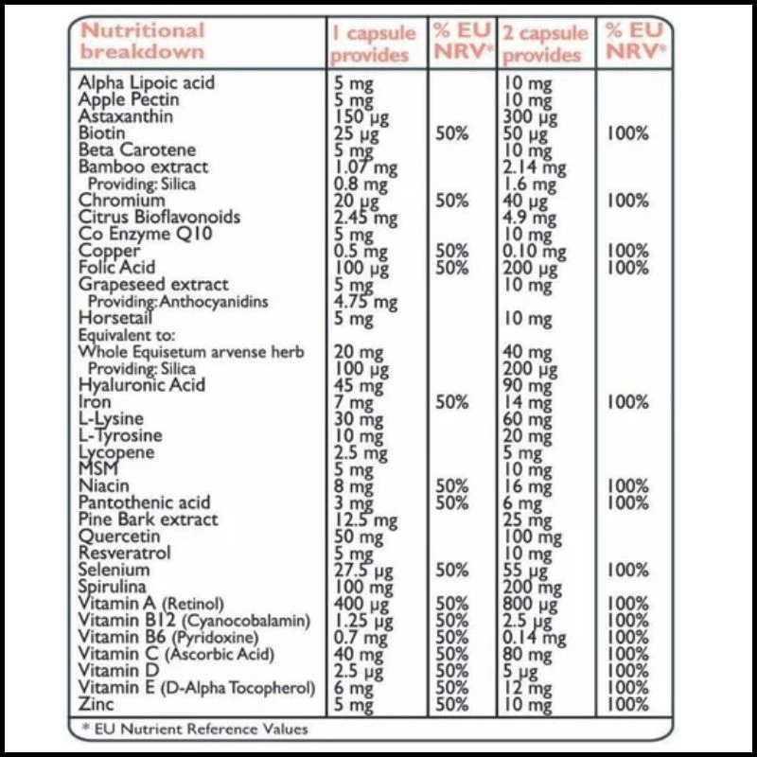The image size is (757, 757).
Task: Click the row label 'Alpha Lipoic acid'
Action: (x=147, y=82)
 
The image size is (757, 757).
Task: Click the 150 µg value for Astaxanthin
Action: (x=359, y=116)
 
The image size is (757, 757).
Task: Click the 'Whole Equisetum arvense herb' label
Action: (x=192, y=352)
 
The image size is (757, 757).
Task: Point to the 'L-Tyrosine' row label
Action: (x=120, y=436)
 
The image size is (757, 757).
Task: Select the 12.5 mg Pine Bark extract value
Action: (x=366, y=519)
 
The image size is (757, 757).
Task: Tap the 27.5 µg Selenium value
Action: (x=362, y=571)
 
